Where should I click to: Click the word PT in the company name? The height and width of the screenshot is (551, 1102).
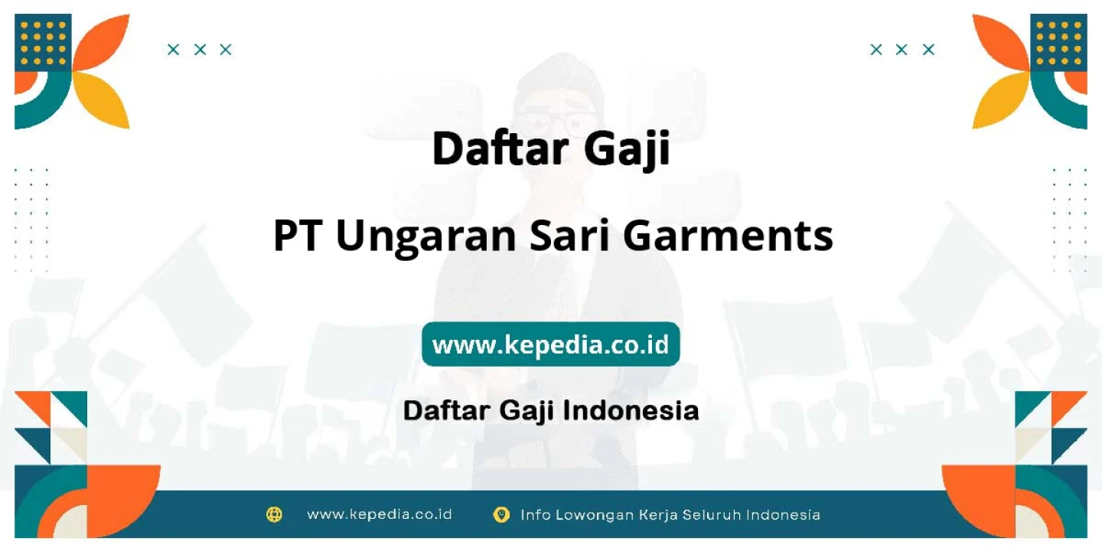click(x=298, y=236)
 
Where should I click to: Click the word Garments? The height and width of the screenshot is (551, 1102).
click(x=728, y=236)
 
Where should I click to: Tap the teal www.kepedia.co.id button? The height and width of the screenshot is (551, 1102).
click(x=550, y=344)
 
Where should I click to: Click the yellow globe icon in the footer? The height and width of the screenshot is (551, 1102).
click(x=274, y=514)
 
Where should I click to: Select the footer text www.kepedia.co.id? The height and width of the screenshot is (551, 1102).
click(x=380, y=514)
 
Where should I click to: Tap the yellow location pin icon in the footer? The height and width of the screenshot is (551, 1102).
click(x=501, y=514)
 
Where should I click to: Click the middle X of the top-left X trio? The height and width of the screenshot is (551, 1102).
click(x=200, y=49)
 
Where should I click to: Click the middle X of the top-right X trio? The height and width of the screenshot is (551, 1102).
click(x=901, y=49)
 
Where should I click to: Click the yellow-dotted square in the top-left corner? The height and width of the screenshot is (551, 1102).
click(x=43, y=43)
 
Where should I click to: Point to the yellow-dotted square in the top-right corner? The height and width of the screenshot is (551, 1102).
click(x=1058, y=43)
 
